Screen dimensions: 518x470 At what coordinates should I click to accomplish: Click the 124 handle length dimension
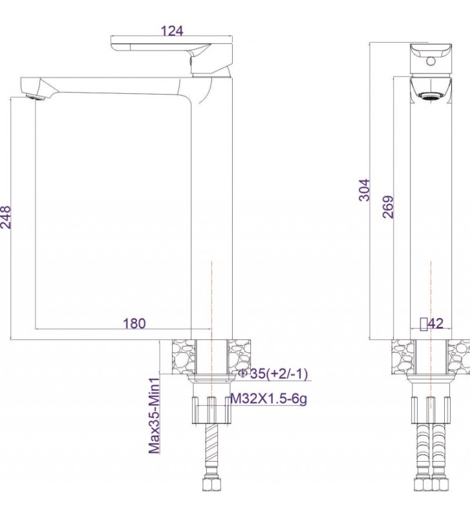click(x=171, y=30)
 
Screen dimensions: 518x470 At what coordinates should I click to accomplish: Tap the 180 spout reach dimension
click(x=134, y=322)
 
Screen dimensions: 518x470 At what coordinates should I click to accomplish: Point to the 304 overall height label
click(x=365, y=190)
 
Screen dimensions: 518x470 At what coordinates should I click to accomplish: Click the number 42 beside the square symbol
click(x=435, y=324)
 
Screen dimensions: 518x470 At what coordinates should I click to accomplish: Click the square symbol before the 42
click(x=423, y=324)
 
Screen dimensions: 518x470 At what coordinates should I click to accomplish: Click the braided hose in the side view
click(x=211, y=450)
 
